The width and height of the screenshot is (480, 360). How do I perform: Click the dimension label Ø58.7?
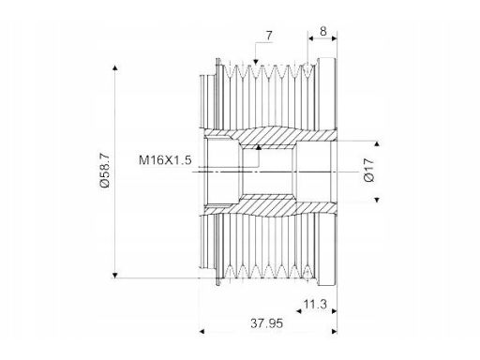tap(105, 171)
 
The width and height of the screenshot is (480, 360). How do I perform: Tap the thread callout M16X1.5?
tap(165, 160)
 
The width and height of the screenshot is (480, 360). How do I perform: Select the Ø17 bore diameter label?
tap(369, 170)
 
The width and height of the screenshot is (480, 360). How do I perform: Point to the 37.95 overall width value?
tap(266, 323)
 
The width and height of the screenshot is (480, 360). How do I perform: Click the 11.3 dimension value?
tap(315, 304)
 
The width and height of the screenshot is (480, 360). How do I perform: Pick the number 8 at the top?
tap(323, 31)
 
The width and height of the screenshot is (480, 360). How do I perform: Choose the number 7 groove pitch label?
tap(269, 36)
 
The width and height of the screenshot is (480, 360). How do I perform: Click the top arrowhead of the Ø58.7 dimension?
tap(115, 67)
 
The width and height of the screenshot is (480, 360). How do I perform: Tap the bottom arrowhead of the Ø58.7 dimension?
tap(115, 276)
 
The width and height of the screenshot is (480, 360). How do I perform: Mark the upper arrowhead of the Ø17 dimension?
tap(377, 143)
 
